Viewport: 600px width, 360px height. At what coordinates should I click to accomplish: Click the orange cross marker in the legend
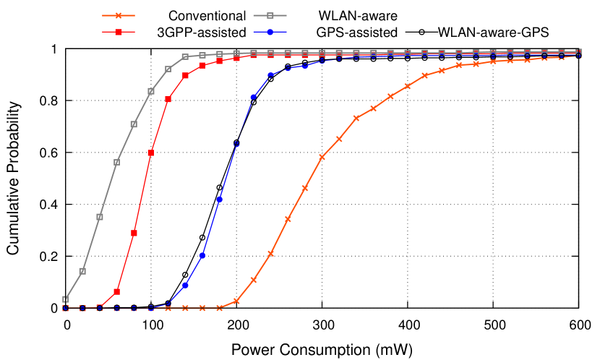pyautogui.click(x=119, y=15)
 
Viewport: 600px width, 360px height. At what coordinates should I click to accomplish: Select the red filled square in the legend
pyautogui.click(x=119, y=32)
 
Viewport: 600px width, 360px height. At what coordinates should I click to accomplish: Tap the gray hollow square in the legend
pyautogui.click(x=270, y=15)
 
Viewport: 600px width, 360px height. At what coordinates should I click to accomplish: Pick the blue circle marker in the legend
pyautogui.click(x=270, y=32)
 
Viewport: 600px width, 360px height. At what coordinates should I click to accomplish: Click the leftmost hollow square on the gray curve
pyautogui.click(x=65, y=299)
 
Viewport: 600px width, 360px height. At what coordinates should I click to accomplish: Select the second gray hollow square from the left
pyautogui.click(x=82, y=271)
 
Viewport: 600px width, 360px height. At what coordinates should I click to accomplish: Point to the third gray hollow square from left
pyautogui.click(x=100, y=217)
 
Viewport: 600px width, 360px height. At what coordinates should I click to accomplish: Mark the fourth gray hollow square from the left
pyautogui.click(x=116, y=162)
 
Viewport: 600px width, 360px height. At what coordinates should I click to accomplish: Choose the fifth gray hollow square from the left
pyautogui.click(x=134, y=124)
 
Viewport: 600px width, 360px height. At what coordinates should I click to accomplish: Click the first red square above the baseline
pyautogui.click(x=116, y=291)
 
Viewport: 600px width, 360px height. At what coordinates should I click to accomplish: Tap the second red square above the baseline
pyautogui.click(x=134, y=233)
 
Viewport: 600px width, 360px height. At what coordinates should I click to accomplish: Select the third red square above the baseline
pyautogui.click(x=151, y=153)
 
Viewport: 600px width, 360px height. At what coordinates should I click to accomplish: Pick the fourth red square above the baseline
pyautogui.click(x=168, y=99)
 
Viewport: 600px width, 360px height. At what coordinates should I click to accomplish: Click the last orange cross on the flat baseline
pyautogui.click(x=219, y=308)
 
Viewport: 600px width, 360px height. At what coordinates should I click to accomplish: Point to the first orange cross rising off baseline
pyautogui.click(x=236, y=301)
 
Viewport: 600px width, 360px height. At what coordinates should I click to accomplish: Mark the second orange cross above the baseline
pyautogui.click(x=254, y=280)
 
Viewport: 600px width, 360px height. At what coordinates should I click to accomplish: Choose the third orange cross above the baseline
pyautogui.click(x=270, y=254)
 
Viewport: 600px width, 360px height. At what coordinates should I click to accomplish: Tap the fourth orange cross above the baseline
pyautogui.click(x=288, y=219)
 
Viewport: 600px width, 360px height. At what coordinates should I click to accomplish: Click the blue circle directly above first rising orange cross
pyautogui.click(x=236, y=144)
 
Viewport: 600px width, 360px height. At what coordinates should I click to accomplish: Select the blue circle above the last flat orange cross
pyautogui.click(x=219, y=199)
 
